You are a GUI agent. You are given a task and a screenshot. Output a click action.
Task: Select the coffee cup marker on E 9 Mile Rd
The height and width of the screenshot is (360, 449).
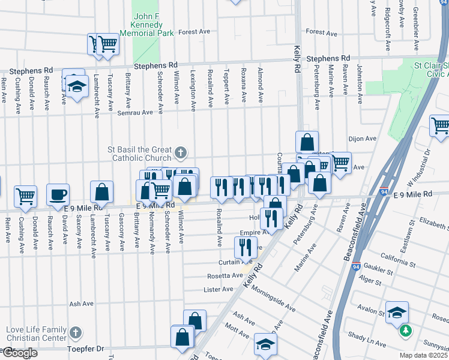[x=58, y=194]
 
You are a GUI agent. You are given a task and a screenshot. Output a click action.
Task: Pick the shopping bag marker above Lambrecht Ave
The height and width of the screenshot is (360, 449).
[x=102, y=192]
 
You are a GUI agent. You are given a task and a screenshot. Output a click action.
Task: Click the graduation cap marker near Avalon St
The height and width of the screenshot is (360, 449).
[x=397, y=312]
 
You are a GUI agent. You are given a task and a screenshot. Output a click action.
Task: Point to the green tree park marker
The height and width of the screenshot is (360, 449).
[x=406, y=330]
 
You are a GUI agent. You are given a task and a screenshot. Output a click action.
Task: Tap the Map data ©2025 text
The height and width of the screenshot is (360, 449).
[x=423, y=355]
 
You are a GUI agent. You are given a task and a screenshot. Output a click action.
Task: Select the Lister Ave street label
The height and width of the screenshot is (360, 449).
[x=218, y=289]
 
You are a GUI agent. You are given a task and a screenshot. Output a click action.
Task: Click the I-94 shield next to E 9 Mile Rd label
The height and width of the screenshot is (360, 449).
[x=382, y=192]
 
